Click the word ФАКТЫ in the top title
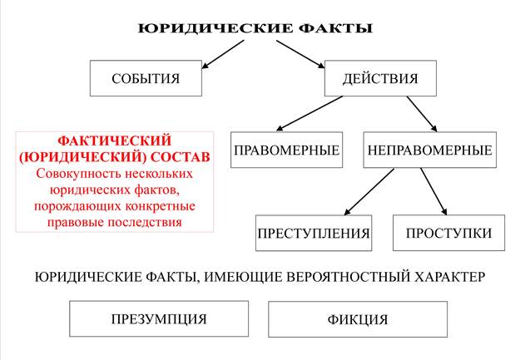[335, 28]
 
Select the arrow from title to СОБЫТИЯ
[223, 54]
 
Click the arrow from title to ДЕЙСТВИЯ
[300, 54]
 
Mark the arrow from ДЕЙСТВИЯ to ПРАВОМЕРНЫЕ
[310, 113]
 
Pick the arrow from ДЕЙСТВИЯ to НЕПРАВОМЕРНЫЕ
[422, 114]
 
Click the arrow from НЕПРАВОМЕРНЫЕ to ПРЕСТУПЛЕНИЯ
[369, 191]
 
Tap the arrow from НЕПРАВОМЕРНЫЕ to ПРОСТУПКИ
[433, 191]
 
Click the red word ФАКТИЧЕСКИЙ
[115, 141]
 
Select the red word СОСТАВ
[181, 157]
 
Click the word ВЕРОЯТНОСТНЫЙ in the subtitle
[348, 277]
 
